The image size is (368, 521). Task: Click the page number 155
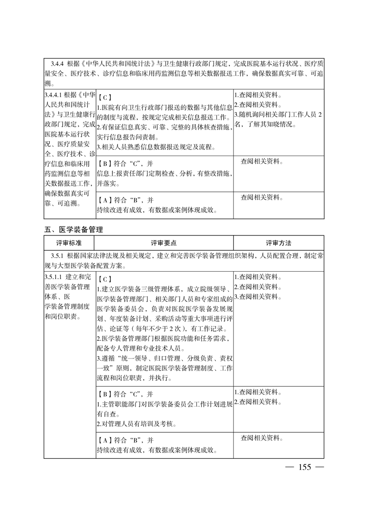pos(304,467)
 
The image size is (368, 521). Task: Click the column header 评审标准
pos(69,243)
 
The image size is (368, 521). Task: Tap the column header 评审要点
pos(163,243)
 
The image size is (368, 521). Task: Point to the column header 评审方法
pos(278,243)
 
